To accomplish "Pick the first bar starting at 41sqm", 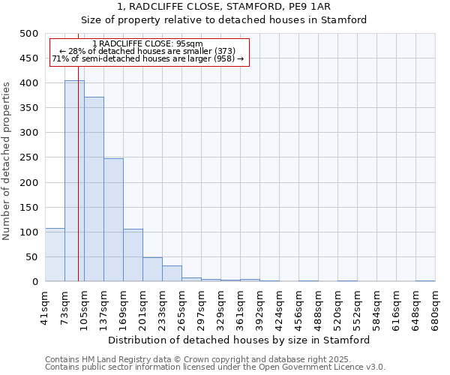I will (55, 255).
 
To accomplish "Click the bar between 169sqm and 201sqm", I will (133, 255).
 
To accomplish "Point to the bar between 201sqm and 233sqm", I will (152, 269).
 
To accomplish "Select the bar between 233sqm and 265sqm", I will (172, 274).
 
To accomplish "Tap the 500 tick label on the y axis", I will (29, 34).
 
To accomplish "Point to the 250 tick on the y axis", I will (29, 157).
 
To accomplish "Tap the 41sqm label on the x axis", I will (45, 304).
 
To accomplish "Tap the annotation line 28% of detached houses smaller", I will (147, 51).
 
